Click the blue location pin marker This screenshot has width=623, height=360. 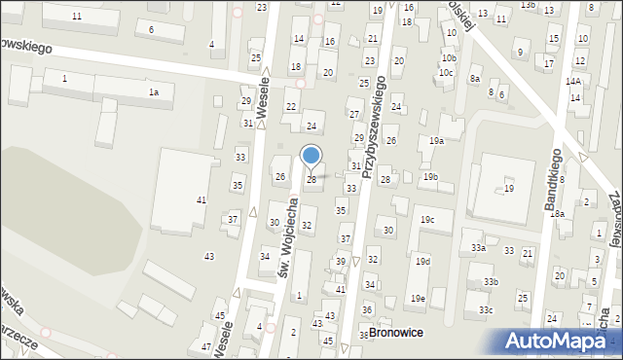(x=311, y=156)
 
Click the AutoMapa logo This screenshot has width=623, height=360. (x=563, y=342)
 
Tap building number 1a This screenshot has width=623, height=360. (x=153, y=91)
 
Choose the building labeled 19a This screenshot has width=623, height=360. (x=437, y=141)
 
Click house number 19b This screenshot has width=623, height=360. (x=430, y=176)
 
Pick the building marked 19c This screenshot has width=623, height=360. (x=427, y=220)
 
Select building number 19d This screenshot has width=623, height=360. (x=422, y=262)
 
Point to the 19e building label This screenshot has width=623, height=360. (x=418, y=298)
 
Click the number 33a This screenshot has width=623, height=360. (x=478, y=248)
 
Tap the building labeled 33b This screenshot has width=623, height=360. (x=491, y=282)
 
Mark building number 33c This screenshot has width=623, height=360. (x=485, y=309)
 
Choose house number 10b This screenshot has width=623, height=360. (x=448, y=58)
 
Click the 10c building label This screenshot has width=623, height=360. (x=446, y=73)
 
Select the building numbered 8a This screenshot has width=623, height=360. (x=475, y=78)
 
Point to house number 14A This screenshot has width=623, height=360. (x=575, y=82)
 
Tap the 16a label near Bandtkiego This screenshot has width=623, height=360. (x=557, y=213)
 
